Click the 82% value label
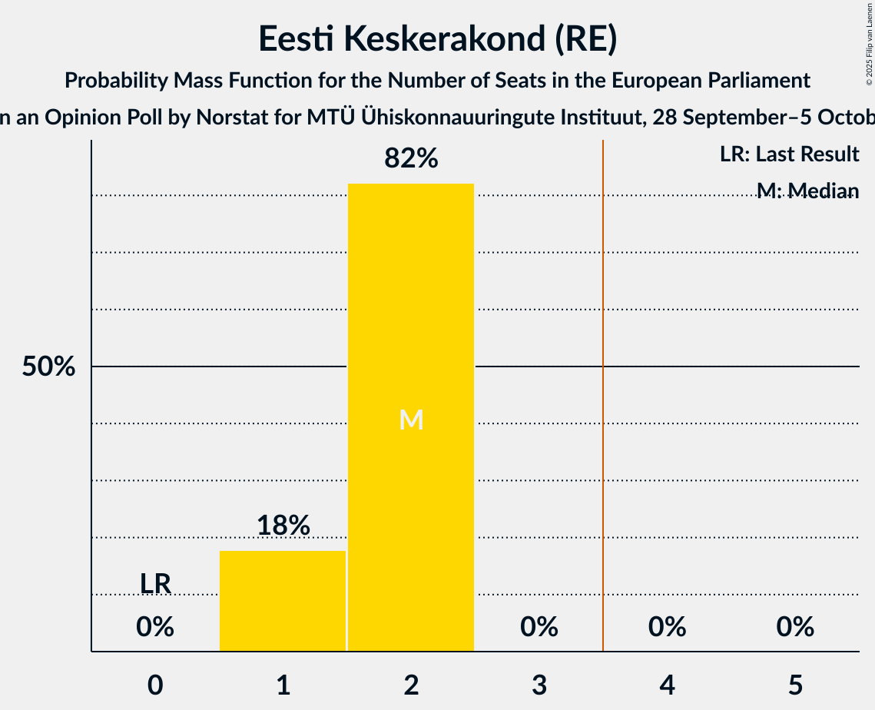click(x=411, y=158)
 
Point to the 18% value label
click(x=283, y=526)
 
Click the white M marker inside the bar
click(x=411, y=420)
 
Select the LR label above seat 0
click(x=155, y=584)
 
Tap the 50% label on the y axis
click(x=48, y=367)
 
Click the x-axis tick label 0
click(x=155, y=685)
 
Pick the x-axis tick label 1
click(x=283, y=685)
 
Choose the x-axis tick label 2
click(x=411, y=685)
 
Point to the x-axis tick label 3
click(x=539, y=685)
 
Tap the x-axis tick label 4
click(x=667, y=685)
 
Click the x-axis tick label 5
click(x=795, y=685)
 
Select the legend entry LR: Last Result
click(x=789, y=154)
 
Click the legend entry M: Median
click(x=807, y=191)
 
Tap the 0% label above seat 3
click(x=539, y=628)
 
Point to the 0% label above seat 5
click(x=795, y=628)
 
